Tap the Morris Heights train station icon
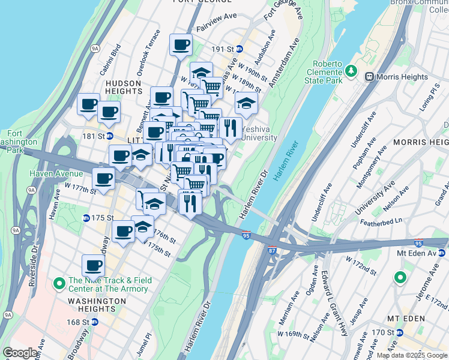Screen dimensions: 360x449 tap(369, 76)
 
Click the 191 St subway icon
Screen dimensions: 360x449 tap(240, 49)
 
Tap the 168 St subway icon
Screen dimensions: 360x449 tap(94, 322)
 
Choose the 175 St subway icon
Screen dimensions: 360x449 tap(86, 218)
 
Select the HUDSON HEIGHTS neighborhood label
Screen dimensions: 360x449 tap(123, 88)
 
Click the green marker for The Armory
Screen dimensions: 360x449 tap(59, 282)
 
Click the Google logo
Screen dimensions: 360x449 tap(20, 353)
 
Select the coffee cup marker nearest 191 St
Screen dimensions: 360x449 tap(181, 44)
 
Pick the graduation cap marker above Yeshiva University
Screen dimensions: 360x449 tap(246, 103)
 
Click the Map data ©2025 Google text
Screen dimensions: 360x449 tap(412, 355)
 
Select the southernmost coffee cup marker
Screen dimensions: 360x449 tap(94, 265)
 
